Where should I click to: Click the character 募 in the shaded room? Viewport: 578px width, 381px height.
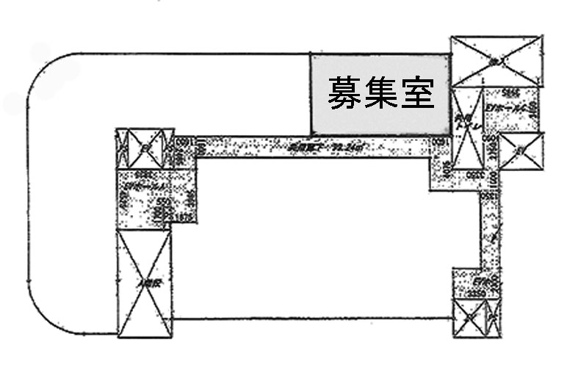click(343, 93)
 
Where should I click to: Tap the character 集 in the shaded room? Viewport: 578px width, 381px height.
click(380, 93)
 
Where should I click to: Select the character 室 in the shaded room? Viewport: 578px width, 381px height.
click(418, 93)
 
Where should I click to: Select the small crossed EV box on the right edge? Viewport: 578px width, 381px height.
click(521, 151)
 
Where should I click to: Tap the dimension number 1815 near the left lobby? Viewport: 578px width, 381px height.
click(181, 218)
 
